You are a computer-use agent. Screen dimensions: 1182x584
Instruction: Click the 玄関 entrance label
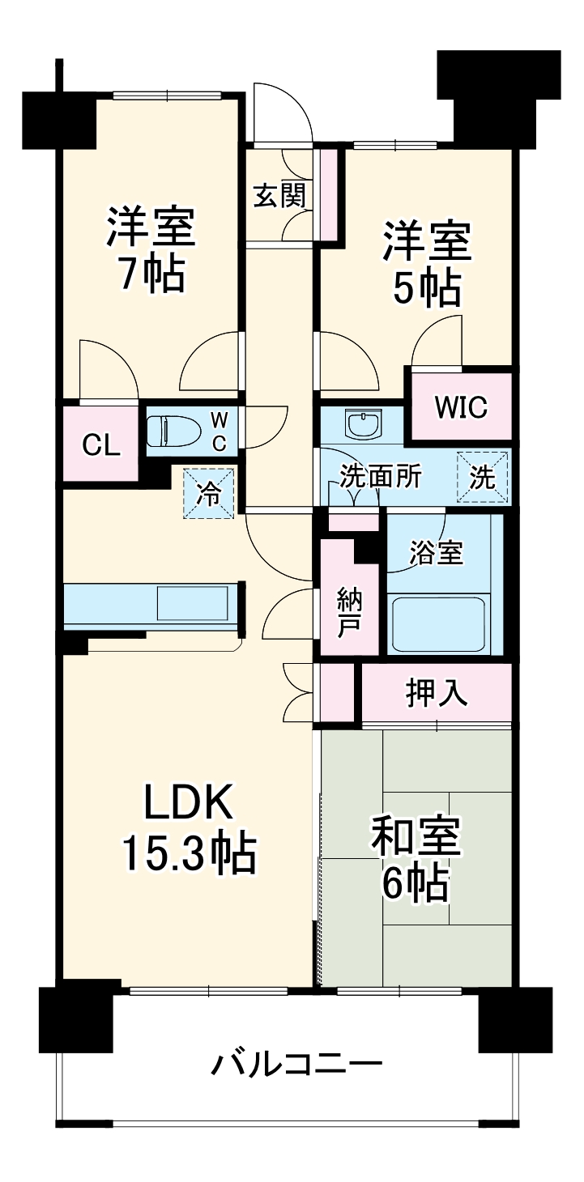[x=279, y=196]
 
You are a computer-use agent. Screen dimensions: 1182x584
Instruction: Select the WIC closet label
[x=461, y=407]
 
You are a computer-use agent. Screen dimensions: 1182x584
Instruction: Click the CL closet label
[x=100, y=444]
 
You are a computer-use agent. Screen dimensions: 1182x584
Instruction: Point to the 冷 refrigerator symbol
[x=210, y=494]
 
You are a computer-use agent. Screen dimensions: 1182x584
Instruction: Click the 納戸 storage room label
[x=350, y=614]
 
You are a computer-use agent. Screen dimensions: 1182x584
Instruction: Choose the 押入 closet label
[x=437, y=693]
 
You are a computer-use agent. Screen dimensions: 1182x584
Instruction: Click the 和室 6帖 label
[x=416, y=859]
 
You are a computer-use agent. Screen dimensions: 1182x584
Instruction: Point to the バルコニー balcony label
[x=296, y=1063]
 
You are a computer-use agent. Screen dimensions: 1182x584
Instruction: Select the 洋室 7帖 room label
[x=151, y=249]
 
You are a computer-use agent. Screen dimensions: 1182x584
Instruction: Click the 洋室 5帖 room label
[x=427, y=263]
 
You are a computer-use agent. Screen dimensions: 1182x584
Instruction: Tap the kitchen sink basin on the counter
[x=192, y=604]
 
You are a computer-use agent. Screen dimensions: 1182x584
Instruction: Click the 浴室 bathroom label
[x=436, y=554]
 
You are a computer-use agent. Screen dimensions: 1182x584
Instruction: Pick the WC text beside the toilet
[x=219, y=431]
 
